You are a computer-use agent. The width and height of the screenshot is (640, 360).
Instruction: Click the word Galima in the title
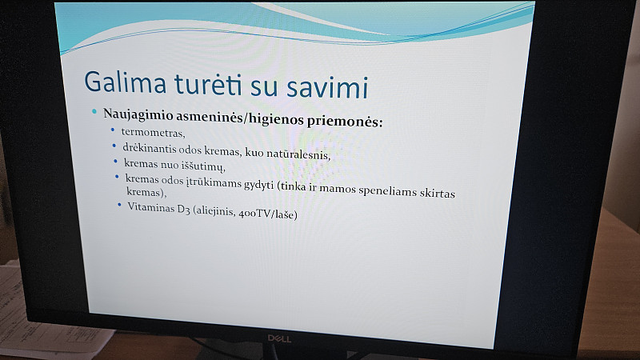point(126,82)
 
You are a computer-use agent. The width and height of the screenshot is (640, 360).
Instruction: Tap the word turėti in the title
point(209,84)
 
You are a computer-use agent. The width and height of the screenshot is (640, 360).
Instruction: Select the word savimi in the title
point(327,87)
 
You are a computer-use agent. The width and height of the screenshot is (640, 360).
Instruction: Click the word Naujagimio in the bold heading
point(138,114)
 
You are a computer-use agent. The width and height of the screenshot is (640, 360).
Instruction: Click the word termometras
point(153,133)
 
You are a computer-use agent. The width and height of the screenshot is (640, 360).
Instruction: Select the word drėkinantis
point(150,149)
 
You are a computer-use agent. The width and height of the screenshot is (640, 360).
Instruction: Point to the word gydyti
point(258,185)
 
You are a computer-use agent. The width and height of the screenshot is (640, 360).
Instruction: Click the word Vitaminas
point(151,207)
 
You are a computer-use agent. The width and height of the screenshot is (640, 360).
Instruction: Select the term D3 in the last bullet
point(183,209)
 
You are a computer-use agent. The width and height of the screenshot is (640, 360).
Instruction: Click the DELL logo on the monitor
point(279,338)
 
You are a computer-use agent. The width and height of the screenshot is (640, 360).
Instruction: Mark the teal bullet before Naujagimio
point(94,111)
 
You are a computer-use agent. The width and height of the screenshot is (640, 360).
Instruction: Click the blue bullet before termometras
point(113,130)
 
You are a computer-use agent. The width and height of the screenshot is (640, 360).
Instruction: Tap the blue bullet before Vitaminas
point(119,205)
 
